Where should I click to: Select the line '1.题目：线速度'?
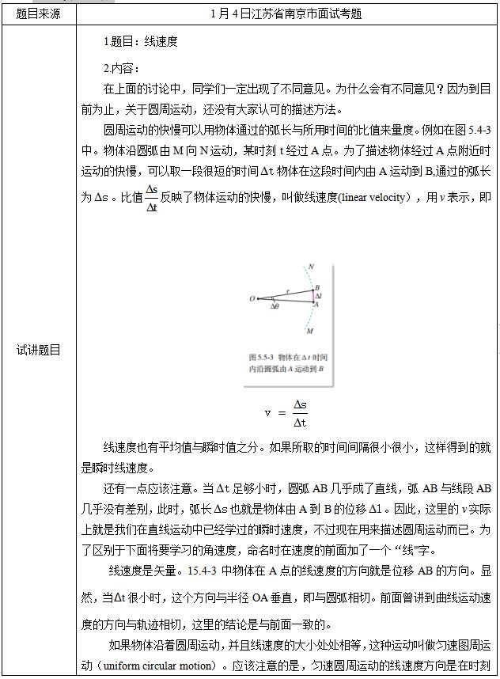pyautogui.click(x=141, y=41)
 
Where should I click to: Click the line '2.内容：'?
pyautogui.click(x=121, y=67)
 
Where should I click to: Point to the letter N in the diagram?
pyautogui.click(x=311, y=267)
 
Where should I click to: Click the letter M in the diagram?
pyautogui.click(x=309, y=331)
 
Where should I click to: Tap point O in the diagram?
pyautogui.click(x=252, y=299)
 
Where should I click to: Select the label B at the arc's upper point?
pyautogui.click(x=316, y=287)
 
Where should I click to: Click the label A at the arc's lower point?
pyautogui.click(x=316, y=305)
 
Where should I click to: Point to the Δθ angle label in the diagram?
pyautogui.click(x=274, y=305)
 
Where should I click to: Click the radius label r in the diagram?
pyautogui.click(x=289, y=290)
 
